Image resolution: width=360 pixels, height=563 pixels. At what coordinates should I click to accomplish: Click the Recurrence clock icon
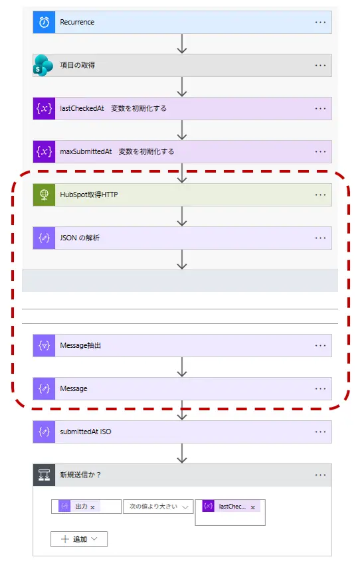coord(44,22)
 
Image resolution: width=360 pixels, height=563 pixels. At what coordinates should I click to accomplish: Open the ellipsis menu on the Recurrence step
coord(321,22)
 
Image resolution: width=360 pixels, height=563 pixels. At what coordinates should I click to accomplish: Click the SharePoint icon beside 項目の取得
coord(44,65)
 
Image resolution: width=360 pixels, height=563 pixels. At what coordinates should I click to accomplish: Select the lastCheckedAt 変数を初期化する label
coord(113,108)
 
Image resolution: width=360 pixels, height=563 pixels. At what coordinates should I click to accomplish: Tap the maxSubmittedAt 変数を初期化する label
coord(117,151)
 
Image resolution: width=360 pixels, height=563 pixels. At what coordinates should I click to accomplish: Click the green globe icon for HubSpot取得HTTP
coord(44,195)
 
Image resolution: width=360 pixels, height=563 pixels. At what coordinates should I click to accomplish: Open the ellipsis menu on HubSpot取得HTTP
coord(321,195)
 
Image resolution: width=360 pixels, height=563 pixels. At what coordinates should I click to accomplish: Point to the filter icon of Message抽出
coord(44,345)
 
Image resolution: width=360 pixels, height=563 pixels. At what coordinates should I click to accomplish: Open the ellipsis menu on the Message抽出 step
coord(321,345)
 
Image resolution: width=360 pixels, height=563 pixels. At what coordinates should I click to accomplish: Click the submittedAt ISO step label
coord(86,432)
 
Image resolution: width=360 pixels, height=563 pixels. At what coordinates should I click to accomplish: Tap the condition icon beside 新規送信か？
coord(44,475)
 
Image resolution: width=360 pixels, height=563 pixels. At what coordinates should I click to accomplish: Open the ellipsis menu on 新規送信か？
coord(321,475)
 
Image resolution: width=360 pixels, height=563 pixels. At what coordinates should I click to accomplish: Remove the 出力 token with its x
coord(92,507)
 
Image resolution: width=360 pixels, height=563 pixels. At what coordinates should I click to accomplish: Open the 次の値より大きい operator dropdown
coord(157,507)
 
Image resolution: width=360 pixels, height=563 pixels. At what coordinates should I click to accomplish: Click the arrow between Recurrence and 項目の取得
coord(183,44)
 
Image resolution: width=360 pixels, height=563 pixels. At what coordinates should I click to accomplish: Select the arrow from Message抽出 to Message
coord(183,367)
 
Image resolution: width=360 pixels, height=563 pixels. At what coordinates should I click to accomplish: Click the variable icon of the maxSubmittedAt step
coord(44,151)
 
